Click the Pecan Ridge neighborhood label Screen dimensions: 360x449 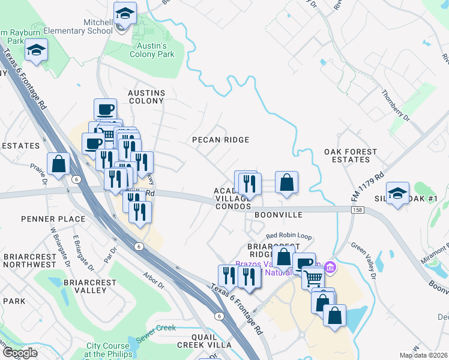tap(220, 140)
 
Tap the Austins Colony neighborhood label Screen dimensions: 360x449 tap(146, 97)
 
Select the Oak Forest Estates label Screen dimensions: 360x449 tap(351, 156)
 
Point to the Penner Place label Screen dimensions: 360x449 tap(53, 219)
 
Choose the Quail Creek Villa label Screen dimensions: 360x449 tap(204, 341)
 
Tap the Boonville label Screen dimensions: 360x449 tap(277, 214)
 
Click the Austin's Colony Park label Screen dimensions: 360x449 tap(152, 50)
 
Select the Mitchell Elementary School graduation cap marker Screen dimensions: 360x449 tap(125, 14)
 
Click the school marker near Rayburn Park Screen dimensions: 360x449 tap(37, 50)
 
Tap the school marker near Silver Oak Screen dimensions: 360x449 tap(397, 194)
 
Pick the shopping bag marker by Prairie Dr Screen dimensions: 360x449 tap(59, 164)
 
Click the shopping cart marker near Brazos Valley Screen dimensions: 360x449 tap(313, 278)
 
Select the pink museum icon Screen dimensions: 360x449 tap(330, 266)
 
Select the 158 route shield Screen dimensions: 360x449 tap(358, 209)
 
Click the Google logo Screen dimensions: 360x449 tap(20, 353)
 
